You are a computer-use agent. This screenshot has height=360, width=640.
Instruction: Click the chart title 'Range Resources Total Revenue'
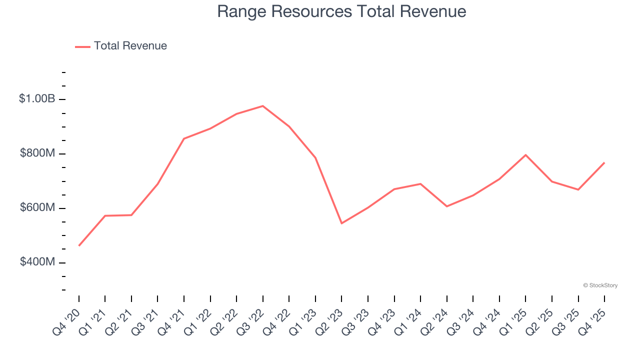341,11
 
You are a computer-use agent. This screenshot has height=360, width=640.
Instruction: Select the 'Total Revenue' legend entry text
130,46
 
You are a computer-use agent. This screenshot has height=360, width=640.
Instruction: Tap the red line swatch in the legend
82,46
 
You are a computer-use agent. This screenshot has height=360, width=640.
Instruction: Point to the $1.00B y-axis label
37,99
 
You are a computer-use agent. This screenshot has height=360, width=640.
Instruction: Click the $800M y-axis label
37,153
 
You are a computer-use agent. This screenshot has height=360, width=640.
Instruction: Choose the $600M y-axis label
37,208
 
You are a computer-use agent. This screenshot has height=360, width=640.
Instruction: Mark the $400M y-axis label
37,262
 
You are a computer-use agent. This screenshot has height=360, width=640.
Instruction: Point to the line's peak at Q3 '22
263,106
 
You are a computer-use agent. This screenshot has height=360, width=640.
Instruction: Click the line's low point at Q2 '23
341,223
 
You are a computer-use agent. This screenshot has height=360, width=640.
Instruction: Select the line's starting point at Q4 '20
79,245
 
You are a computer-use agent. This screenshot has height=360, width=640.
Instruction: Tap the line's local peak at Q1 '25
525,155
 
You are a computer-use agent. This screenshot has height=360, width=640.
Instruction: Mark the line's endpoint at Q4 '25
604,163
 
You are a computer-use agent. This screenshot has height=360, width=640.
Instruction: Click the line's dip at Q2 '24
446,206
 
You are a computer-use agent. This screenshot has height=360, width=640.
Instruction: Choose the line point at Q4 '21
184,138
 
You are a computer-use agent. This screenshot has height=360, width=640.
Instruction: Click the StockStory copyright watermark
600,285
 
